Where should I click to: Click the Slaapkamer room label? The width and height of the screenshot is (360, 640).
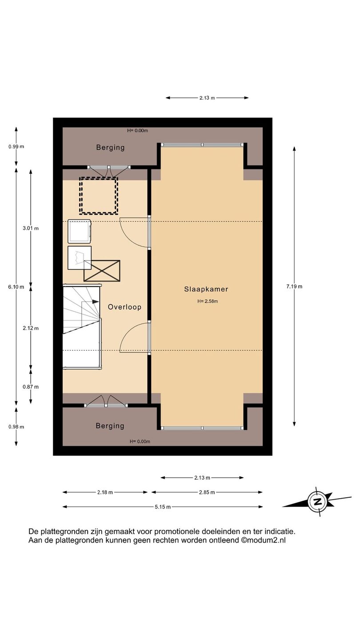click(206, 289)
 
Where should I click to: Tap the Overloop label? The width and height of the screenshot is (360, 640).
click(124, 307)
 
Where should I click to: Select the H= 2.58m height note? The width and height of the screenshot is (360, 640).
click(208, 301)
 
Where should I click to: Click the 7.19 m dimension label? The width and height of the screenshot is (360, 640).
click(294, 286)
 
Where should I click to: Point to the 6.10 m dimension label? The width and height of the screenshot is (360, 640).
click(16, 287)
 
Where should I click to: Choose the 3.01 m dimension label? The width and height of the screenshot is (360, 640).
click(31, 228)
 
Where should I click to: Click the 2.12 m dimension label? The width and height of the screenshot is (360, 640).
click(31, 328)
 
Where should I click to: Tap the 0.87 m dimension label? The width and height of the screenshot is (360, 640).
click(31, 387)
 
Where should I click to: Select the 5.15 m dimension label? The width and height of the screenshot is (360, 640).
click(163, 507)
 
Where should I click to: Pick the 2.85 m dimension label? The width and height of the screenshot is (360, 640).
click(207, 492)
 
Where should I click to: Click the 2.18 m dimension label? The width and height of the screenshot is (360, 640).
click(105, 492)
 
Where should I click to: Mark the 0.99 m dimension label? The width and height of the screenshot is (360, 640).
click(16, 147)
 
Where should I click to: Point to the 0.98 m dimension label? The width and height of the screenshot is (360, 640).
click(16, 427)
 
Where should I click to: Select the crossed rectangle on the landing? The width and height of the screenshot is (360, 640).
click(102, 271)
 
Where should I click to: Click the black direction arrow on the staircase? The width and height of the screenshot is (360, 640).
click(95, 301)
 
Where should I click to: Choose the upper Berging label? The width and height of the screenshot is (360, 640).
click(110, 148)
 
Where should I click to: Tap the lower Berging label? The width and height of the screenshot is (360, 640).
click(110, 426)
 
